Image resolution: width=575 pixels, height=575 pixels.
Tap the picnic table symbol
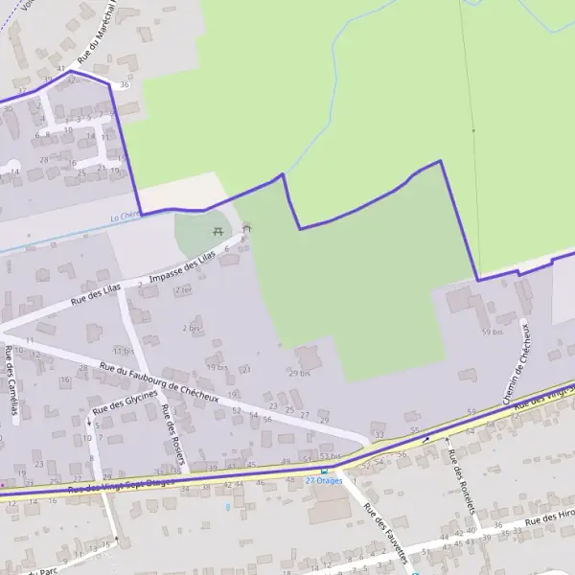point(218,231)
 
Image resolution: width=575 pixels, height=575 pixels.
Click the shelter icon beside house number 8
point(247,228)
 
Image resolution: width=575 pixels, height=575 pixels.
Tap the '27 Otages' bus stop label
point(323,480)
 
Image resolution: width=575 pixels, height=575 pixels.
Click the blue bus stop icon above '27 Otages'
point(324,471)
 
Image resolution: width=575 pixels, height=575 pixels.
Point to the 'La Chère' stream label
point(125,217)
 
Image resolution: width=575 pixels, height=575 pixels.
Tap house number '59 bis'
point(492,332)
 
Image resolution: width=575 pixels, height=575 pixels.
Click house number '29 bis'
point(300,373)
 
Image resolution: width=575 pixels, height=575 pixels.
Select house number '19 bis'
point(216,366)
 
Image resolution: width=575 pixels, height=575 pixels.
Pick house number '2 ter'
point(182,288)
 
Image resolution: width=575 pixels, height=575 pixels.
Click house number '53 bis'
point(330,456)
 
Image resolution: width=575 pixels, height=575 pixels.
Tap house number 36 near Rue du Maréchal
point(124,86)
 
